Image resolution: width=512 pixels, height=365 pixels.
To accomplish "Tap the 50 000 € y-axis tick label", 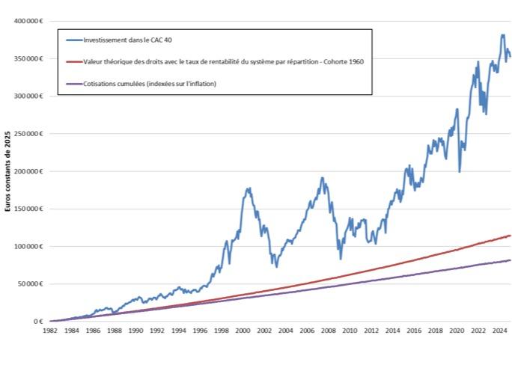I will pos(31,283).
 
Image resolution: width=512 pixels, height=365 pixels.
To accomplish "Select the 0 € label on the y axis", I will pos(38,322).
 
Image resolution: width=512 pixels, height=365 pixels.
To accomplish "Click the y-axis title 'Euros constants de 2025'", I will pos(8,171).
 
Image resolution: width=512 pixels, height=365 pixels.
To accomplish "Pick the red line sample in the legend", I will pos(73,62).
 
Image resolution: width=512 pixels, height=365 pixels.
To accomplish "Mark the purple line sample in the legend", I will pos(73,84).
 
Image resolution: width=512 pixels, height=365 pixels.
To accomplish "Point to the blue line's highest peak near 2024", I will pos(502,34).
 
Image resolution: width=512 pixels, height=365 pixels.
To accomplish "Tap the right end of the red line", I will pos(510,236).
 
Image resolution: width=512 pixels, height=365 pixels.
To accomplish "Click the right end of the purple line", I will pos(510,260).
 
